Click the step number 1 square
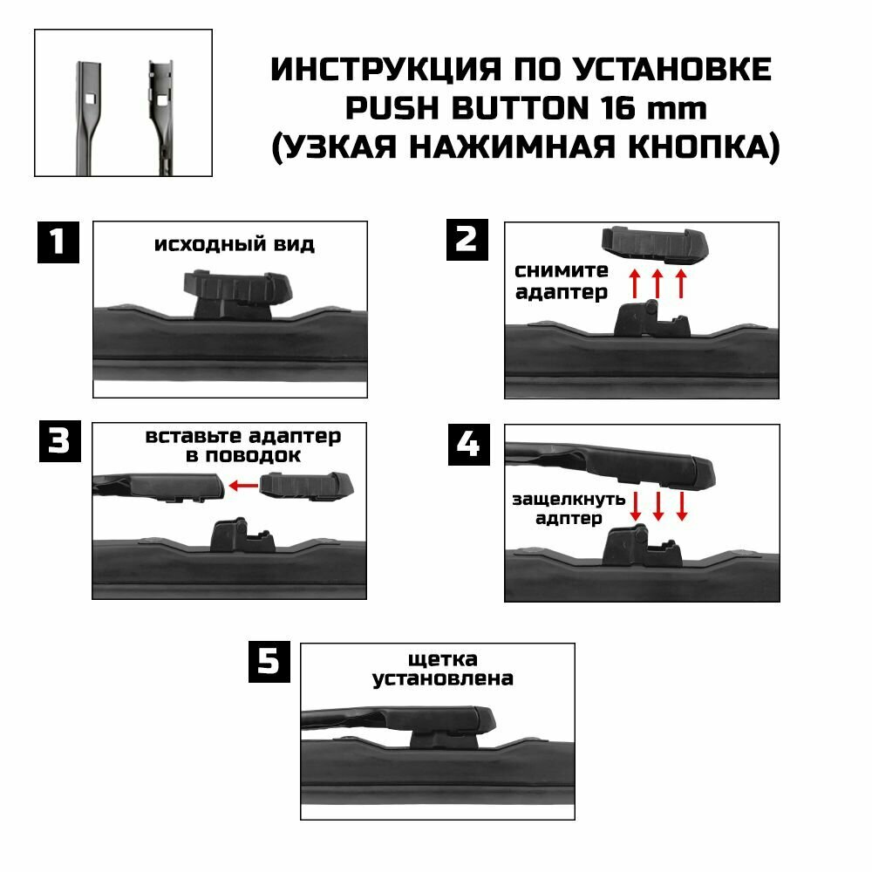click(58, 242)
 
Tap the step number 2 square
click(467, 240)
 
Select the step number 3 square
click(60, 441)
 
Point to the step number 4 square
click(469, 445)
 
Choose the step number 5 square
click(269, 662)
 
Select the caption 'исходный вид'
click(234, 245)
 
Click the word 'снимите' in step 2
click(561, 271)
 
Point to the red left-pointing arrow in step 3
click(243, 486)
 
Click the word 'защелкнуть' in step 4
click(569, 500)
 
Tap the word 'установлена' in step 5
click(443, 679)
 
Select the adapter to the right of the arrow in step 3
click(306, 485)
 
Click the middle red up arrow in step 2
click(657, 283)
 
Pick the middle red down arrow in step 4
click(658, 506)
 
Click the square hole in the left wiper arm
click(91, 99)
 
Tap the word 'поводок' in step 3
click(253, 457)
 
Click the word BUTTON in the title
click(520, 108)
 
